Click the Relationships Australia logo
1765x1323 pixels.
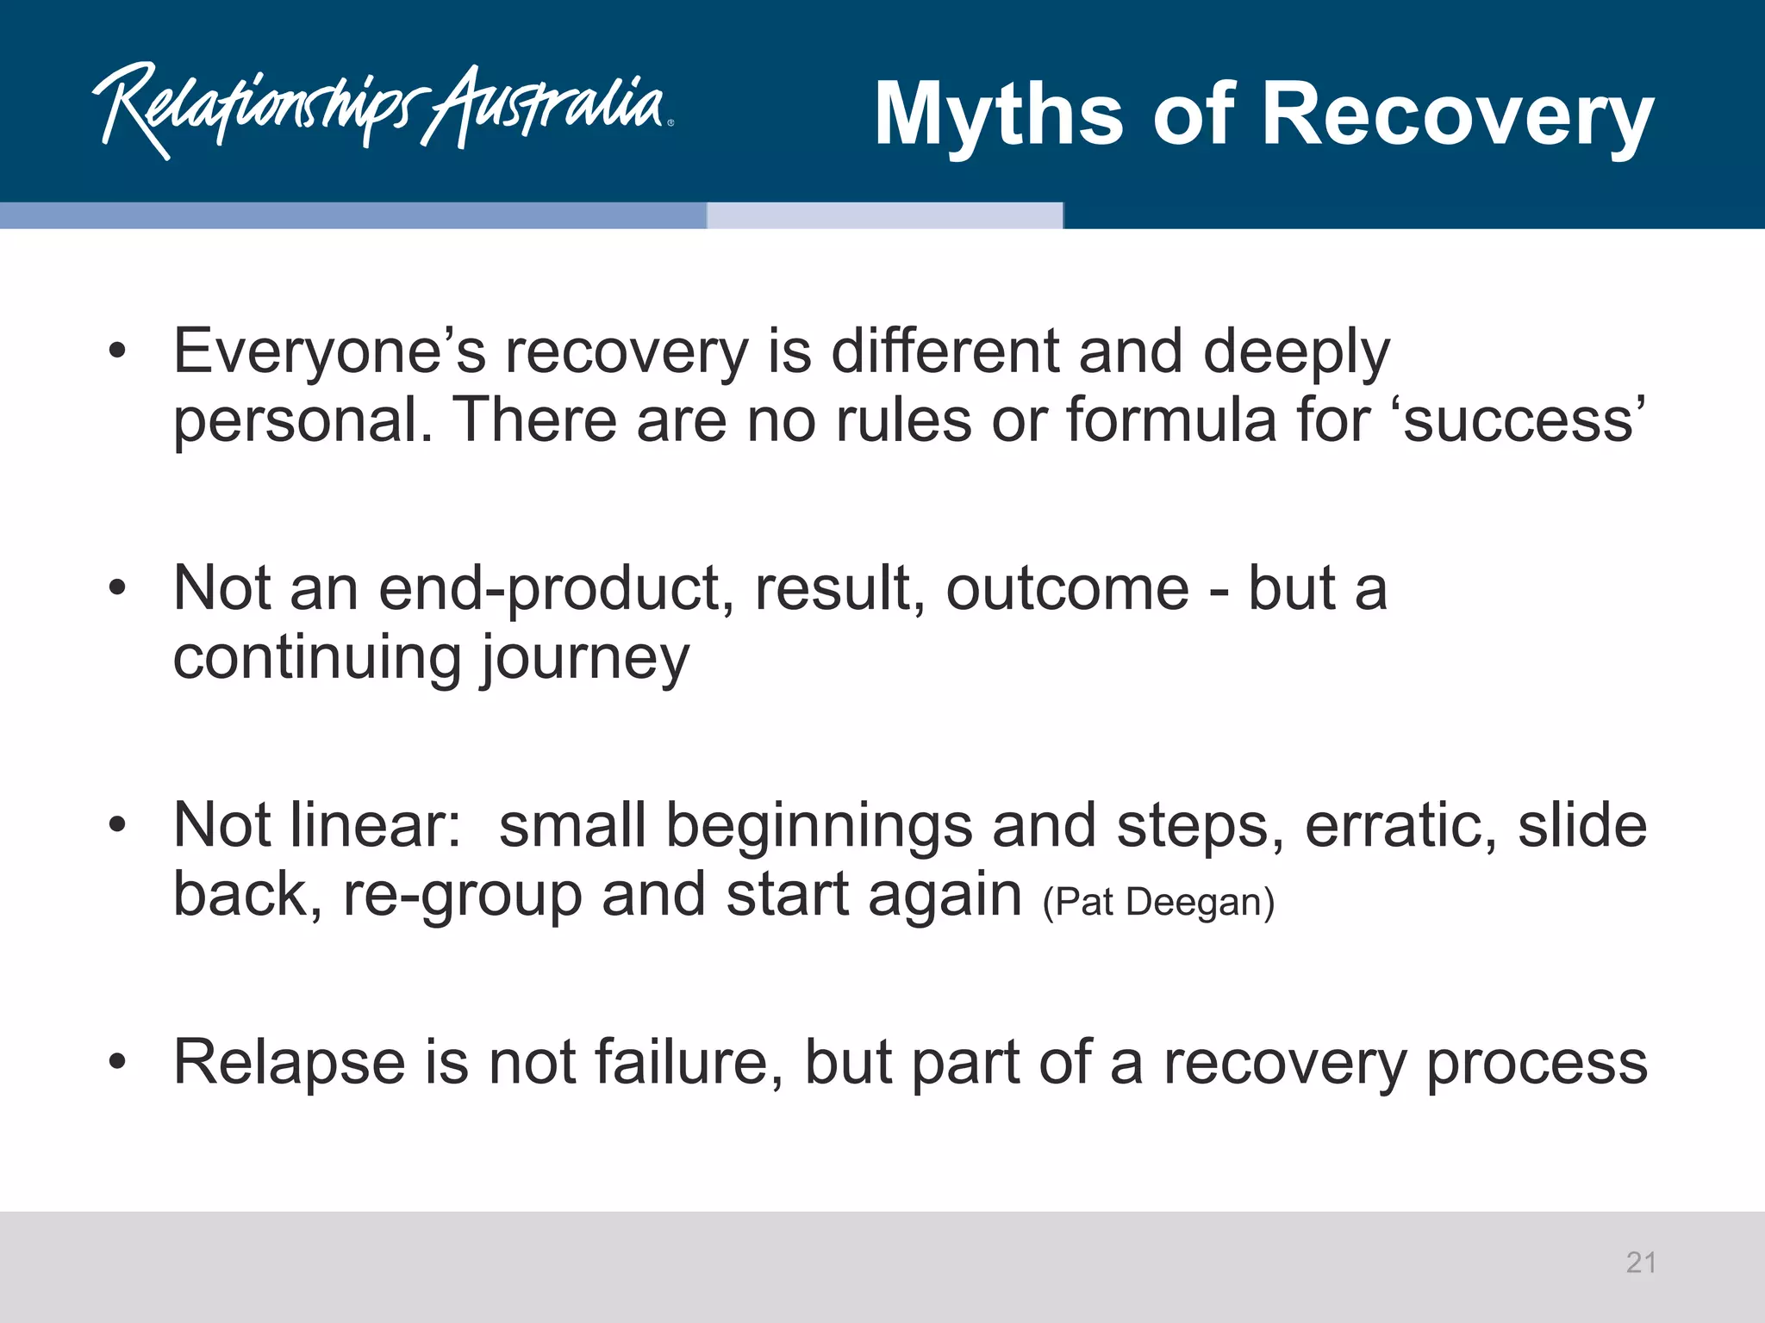point(384,109)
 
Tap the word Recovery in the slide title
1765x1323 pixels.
point(1456,115)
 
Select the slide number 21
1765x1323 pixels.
point(1641,1263)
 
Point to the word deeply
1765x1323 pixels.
point(1296,353)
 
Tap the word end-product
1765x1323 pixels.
point(556,590)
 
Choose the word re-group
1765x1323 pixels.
point(462,896)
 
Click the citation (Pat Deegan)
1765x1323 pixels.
point(1157,903)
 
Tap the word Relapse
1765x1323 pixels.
point(289,1062)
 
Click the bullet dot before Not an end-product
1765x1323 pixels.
point(117,588)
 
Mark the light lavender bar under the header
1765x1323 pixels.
point(884,215)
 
